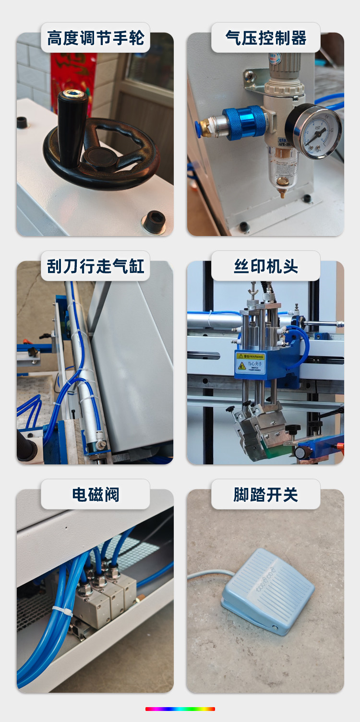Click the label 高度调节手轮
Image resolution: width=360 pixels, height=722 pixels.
(x=96, y=38)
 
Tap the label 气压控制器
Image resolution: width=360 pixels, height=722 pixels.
(x=266, y=38)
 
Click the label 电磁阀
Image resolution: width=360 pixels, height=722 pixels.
(x=96, y=495)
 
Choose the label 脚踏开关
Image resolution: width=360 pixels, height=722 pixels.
(x=266, y=495)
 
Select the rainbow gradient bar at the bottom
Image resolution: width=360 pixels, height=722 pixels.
(x=180, y=709)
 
